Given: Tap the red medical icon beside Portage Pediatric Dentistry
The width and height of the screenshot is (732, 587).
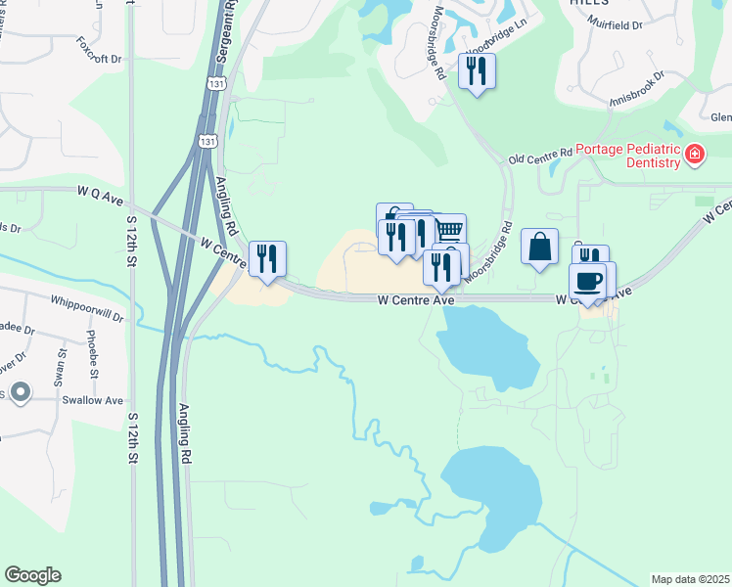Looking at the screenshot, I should point(694,154).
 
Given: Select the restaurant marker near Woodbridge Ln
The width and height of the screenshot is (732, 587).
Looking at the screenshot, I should point(477,71).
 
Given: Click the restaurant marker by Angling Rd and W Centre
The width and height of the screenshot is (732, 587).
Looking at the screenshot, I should point(267,259).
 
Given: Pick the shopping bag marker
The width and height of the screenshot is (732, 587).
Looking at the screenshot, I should point(539,248).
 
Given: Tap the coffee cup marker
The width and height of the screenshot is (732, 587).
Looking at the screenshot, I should point(587,281).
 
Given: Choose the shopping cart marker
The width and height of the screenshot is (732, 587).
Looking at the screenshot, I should point(449,231).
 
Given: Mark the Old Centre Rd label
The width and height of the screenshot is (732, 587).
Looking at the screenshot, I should point(539,157).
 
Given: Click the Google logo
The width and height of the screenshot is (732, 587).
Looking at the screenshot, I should point(32,575).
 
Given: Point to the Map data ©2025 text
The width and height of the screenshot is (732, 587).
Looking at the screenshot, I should point(691,579).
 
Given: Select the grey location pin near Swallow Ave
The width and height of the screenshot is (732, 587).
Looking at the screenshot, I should point(21,392).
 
